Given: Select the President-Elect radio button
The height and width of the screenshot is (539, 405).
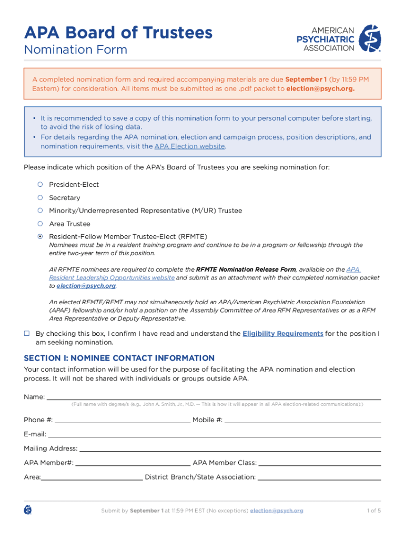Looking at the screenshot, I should click(x=39, y=185).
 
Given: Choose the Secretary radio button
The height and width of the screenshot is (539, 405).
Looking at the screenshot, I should click(x=39, y=198).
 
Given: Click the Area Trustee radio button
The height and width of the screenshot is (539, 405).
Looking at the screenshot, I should click(x=39, y=224).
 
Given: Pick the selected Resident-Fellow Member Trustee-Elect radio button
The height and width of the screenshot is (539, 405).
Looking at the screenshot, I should click(x=39, y=236).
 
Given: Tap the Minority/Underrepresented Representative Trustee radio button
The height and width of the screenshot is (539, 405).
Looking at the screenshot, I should click(x=39, y=211).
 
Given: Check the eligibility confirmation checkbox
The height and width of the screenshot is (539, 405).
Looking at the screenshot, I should click(x=27, y=334).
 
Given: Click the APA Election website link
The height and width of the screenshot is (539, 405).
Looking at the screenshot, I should click(x=189, y=146).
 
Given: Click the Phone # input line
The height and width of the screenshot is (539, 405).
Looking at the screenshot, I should click(x=122, y=420).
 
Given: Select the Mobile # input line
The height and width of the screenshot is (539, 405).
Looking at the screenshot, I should click(x=302, y=420).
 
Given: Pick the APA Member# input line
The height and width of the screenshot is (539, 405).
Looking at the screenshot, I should click(x=133, y=463).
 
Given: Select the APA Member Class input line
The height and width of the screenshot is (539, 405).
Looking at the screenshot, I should click(x=319, y=463).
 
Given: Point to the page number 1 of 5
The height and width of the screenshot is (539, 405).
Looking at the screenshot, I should click(x=373, y=511).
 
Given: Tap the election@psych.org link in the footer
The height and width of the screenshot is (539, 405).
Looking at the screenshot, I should click(x=277, y=511).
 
